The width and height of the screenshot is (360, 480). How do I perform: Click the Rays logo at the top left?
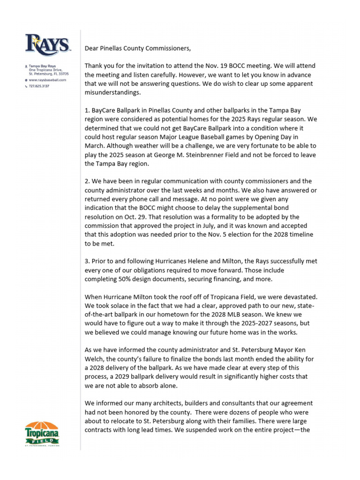pyautogui.click(x=48, y=45)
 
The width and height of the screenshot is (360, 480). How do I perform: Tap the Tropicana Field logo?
pyautogui.click(x=42, y=434)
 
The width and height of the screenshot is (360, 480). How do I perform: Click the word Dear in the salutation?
pyautogui.click(x=92, y=48)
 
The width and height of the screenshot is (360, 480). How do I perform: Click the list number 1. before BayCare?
pyautogui.click(x=88, y=111)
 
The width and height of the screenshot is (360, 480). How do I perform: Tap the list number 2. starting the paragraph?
pyautogui.click(x=88, y=181)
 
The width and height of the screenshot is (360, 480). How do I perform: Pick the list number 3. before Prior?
pyautogui.click(x=88, y=262)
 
